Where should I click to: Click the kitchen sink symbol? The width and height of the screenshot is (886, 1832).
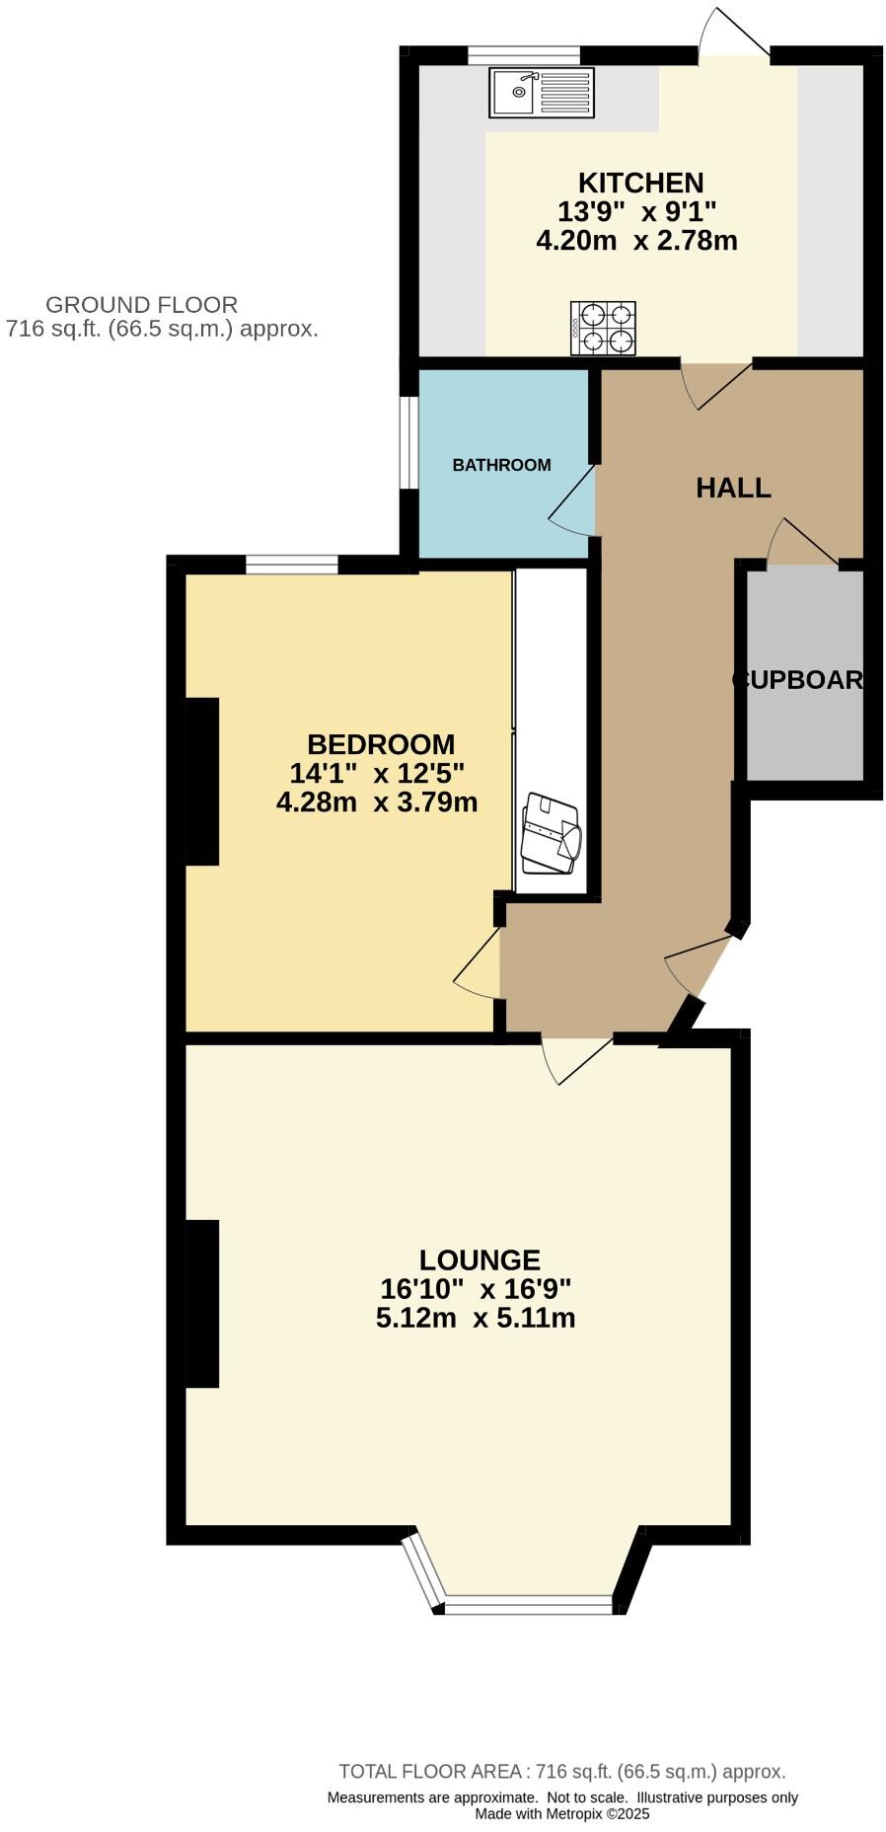[541, 93]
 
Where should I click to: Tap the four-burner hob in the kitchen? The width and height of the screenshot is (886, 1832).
[602, 329]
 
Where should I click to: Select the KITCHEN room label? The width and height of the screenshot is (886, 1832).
[640, 183]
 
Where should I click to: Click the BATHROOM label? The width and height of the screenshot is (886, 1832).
[501, 465]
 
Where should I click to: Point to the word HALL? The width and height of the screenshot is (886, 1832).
[733, 488]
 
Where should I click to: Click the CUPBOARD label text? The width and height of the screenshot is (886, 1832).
[798, 680]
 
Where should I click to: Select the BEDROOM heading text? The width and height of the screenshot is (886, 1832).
[381, 744]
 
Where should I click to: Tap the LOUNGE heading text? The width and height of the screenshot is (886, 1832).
[480, 1260]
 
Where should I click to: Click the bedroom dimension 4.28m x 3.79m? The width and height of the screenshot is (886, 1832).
[377, 801]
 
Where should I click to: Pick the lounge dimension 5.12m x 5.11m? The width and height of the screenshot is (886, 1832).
[476, 1318]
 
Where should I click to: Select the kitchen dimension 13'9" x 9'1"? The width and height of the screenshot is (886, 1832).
[636, 211]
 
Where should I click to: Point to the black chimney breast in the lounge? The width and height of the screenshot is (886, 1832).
[202, 1304]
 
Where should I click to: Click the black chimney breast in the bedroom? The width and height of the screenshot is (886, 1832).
[202, 781]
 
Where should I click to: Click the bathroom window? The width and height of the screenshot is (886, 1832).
[408, 442]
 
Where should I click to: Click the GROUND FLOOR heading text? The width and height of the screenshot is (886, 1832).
[141, 305]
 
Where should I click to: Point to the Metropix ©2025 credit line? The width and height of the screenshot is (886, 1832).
[561, 1813]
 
